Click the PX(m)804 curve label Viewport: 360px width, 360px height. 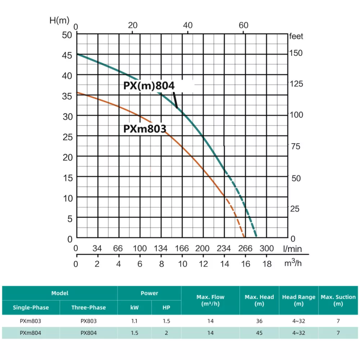(148, 86)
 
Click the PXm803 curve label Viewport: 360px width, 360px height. (144, 129)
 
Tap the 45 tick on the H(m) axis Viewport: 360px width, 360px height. (67, 55)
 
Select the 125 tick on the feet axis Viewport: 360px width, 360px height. (296, 84)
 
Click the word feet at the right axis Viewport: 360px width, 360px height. (297, 36)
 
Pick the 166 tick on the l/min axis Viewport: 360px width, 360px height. (182, 248)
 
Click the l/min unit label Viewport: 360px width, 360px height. (292, 248)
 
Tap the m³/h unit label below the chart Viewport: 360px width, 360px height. (293, 263)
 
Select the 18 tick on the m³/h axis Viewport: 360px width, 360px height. (267, 264)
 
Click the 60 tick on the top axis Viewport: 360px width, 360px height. (243, 25)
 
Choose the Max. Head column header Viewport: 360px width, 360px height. (259, 300)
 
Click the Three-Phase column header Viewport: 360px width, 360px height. (89, 307)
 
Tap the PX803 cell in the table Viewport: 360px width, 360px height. (89, 321)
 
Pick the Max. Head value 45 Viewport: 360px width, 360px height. (259, 333)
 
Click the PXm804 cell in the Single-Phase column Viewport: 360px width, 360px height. (31, 333)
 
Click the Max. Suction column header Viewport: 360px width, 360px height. (338, 300)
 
